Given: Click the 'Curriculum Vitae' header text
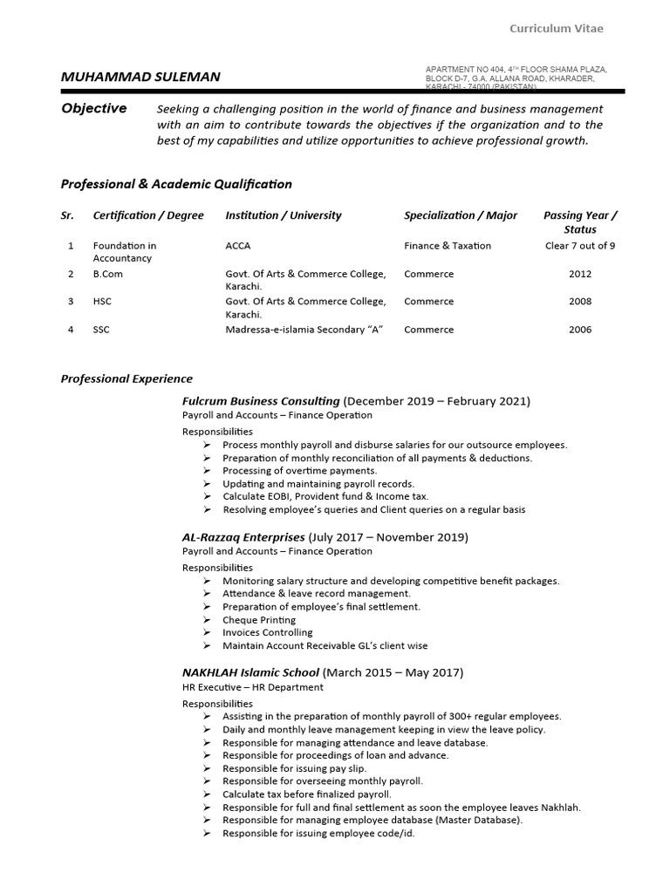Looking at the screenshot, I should click(556, 29).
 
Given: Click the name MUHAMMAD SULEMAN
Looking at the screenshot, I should click(140, 77).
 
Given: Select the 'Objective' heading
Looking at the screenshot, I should click(93, 109).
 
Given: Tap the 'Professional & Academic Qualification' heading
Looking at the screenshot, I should click(176, 184).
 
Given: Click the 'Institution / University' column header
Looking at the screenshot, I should click(284, 215).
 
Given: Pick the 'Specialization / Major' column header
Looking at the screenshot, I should click(461, 215).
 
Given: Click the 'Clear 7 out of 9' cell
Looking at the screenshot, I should click(580, 246).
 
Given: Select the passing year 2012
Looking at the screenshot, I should click(580, 274).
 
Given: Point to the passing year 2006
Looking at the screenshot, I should click(580, 330).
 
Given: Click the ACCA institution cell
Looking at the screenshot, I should click(238, 246).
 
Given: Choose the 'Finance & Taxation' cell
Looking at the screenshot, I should click(448, 246).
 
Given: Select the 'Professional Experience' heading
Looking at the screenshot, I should click(126, 378).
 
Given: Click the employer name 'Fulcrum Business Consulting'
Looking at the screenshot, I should click(261, 401).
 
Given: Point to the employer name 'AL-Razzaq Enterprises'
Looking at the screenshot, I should click(243, 537).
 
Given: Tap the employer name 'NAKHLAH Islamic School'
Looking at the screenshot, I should click(250, 672).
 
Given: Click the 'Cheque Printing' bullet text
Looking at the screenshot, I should click(259, 620).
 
